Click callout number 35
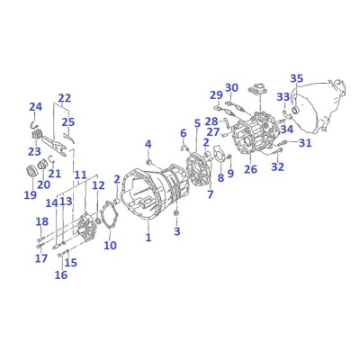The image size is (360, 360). pos(297,78)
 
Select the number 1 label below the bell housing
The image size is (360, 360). pos(148,238)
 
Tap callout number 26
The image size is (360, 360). pos(250,169)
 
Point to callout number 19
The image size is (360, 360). pos(31,194)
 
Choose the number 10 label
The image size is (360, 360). pos(110,245)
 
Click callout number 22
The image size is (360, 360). pos(65,98)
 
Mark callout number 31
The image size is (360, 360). pos(305,143)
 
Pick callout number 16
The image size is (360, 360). pos(61,274)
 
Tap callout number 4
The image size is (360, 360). pos(148,144)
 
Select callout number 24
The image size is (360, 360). pos(36,107)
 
